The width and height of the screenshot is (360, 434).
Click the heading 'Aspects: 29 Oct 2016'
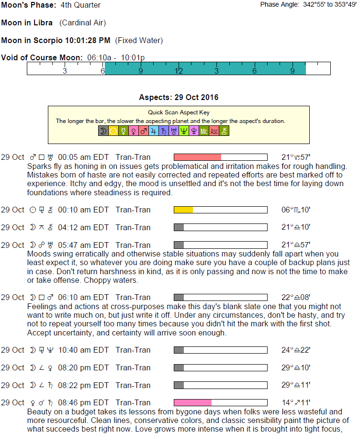point(179,98)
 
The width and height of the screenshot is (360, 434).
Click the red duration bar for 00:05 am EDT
point(197,157)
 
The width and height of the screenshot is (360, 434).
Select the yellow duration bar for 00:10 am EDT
point(183,210)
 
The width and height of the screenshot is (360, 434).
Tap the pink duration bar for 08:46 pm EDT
point(192,402)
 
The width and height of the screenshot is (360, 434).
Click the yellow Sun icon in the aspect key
point(113,131)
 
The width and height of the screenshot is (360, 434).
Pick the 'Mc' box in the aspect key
point(204,131)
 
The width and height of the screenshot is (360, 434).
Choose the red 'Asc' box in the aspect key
point(214,131)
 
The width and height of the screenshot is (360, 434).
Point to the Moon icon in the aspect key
point(103,131)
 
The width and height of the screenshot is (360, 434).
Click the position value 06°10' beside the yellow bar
point(296,210)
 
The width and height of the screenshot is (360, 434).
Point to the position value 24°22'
point(296,350)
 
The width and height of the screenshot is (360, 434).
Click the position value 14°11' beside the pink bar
point(296,402)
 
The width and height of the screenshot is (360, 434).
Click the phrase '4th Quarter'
point(81,5)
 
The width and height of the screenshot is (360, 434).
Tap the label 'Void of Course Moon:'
point(42,58)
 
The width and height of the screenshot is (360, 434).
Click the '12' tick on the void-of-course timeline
point(179,71)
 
